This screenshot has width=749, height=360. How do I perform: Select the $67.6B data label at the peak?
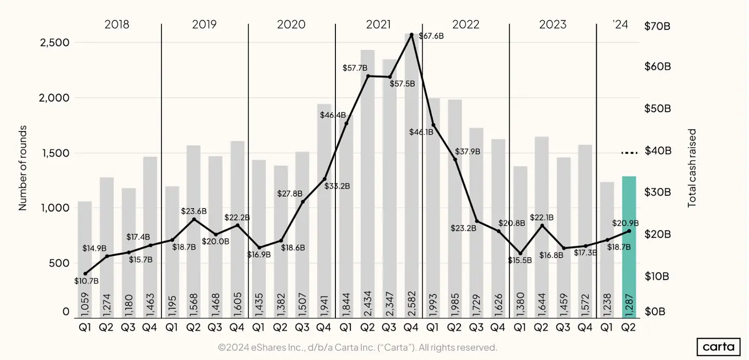[x=431, y=37]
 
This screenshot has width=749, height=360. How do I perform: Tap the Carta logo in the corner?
[x=718, y=347]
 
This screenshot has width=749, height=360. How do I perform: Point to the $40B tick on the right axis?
[x=657, y=151]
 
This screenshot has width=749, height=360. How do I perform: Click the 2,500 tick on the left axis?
[x=55, y=42]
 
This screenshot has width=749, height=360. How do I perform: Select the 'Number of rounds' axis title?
[x=23, y=168]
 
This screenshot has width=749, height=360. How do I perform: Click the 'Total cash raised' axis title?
[x=692, y=168]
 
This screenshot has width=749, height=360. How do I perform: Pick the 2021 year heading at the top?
[x=378, y=24]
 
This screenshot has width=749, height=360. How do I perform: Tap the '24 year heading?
[x=620, y=24]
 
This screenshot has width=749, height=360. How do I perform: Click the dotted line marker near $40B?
[x=629, y=153]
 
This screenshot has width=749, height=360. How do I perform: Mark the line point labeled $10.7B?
[x=85, y=274]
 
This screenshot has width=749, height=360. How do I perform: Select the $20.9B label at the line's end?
[x=625, y=223]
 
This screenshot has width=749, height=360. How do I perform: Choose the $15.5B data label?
[x=520, y=261]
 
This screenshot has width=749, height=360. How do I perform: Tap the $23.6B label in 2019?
[x=194, y=211]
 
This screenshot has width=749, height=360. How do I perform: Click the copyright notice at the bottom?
[x=358, y=348]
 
